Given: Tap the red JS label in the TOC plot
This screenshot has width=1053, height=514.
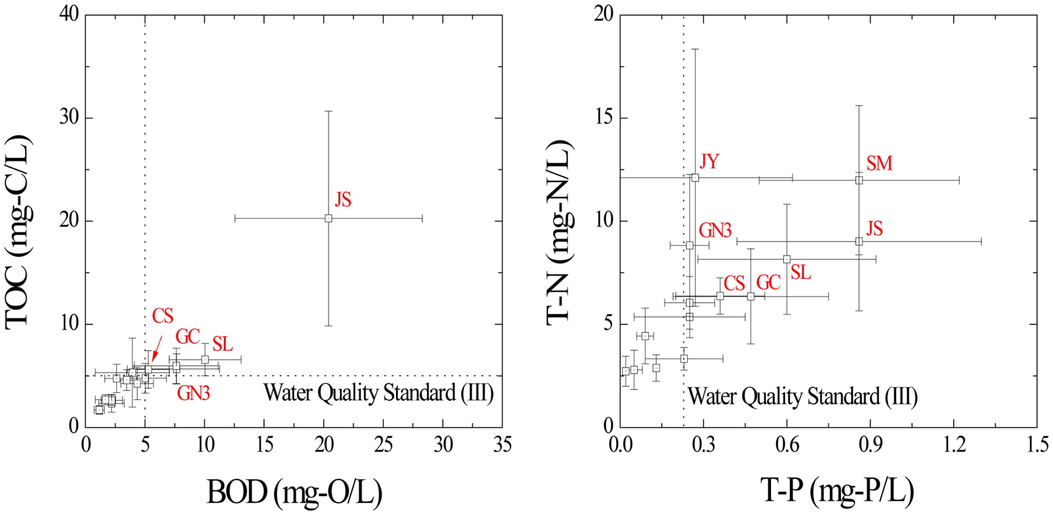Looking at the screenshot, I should [x=343, y=200].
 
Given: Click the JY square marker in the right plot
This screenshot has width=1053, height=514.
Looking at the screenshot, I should [x=695, y=178].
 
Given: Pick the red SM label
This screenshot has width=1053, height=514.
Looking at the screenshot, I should [x=879, y=163].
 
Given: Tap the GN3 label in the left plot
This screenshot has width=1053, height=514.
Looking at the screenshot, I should [x=193, y=393].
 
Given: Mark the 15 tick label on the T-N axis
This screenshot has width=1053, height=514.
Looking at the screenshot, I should [x=604, y=118].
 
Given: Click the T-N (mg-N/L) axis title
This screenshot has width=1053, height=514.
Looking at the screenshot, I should [x=560, y=232].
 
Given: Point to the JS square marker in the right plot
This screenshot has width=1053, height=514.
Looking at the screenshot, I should [x=859, y=241].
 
